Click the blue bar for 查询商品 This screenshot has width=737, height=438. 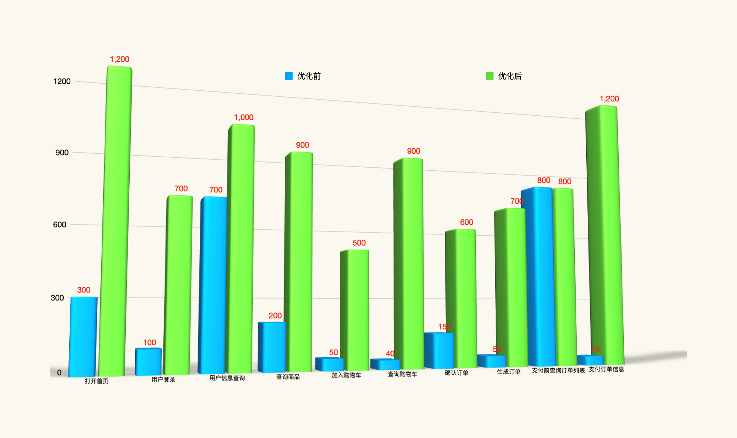pos(272,347)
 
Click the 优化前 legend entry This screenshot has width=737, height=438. pos(303,76)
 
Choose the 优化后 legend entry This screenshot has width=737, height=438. pos(504,76)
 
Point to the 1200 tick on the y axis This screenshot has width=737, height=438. pos(62,81)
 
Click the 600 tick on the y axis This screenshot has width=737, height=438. pos(60,225)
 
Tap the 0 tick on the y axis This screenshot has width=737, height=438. pos(59,373)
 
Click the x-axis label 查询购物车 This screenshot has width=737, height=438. pos(402,374)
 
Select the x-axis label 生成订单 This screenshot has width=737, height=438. pos(509,372)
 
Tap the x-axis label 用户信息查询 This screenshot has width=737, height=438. pos(227,378)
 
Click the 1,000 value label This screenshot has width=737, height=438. pos(244,118)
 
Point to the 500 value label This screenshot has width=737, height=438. pos(359,243)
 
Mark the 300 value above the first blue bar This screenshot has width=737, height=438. pos(84,290)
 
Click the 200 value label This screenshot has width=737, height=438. pos(275,316)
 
